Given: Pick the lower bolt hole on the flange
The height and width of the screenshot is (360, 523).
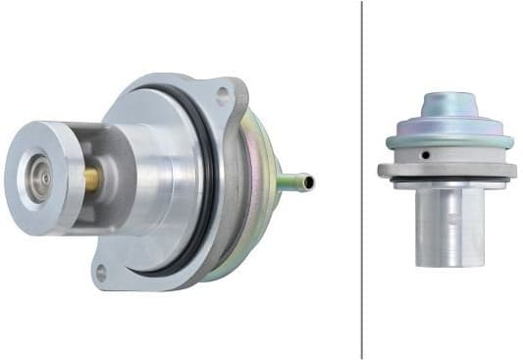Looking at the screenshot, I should coord(100,275).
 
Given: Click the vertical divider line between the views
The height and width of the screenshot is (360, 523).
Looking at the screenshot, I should coord(362,196).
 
